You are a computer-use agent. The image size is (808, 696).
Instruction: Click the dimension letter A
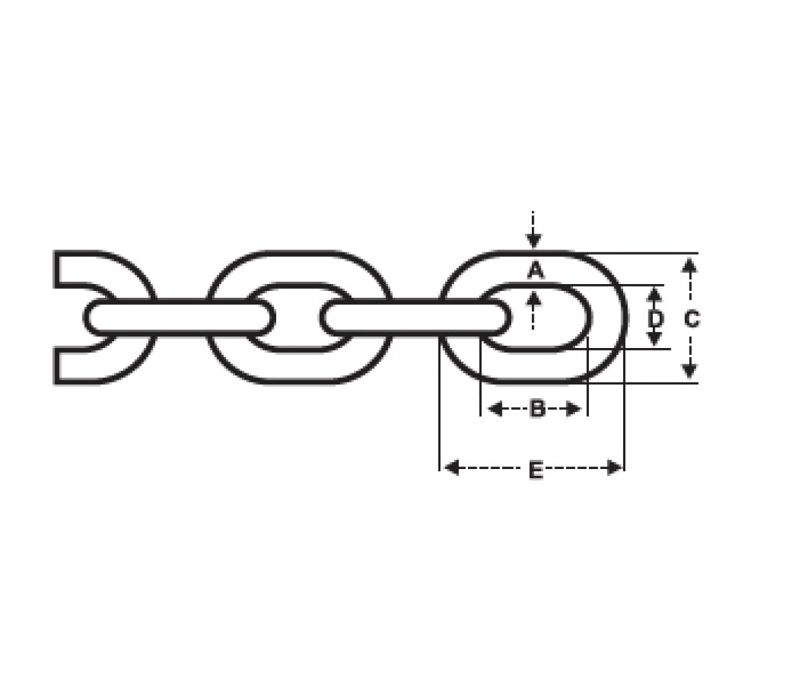coord(535,270)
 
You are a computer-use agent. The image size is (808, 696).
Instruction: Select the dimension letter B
coord(537,409)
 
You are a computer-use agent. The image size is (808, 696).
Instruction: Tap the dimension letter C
coord(691,319)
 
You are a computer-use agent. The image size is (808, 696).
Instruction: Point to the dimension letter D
coord(655,319)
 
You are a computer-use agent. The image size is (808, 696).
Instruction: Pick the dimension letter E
coord(536,470)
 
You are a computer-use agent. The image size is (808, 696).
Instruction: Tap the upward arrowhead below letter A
coord(533,298)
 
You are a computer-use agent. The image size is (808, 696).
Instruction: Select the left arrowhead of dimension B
coord(495,410)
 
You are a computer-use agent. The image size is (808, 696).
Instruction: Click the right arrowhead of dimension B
coord(574,410)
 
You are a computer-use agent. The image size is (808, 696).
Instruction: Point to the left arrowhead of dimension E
coord(452,468)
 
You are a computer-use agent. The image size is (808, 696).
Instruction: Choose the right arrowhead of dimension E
coord(615,468)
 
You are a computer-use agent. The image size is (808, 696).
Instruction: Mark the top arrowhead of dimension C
coord(690,265)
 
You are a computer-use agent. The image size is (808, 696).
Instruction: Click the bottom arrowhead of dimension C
coord(690,371)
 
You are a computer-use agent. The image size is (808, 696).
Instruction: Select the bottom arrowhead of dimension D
coord(654,338)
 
